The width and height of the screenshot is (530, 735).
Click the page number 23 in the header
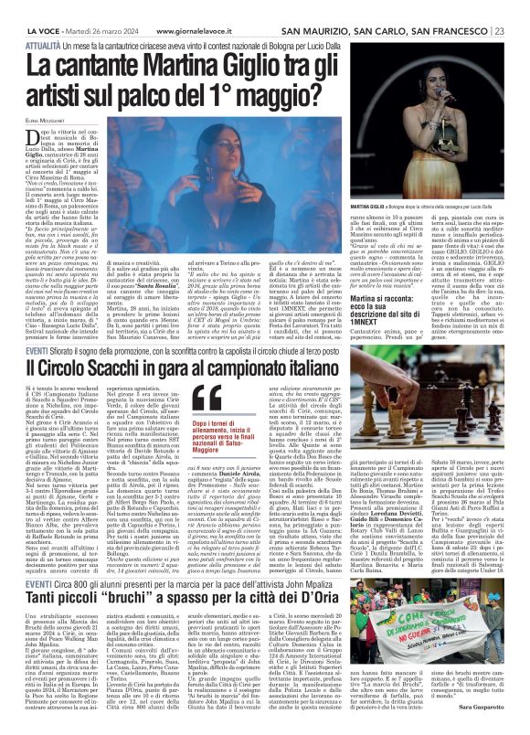pos(518,7)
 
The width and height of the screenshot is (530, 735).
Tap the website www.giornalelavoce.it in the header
pos(188,7)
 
